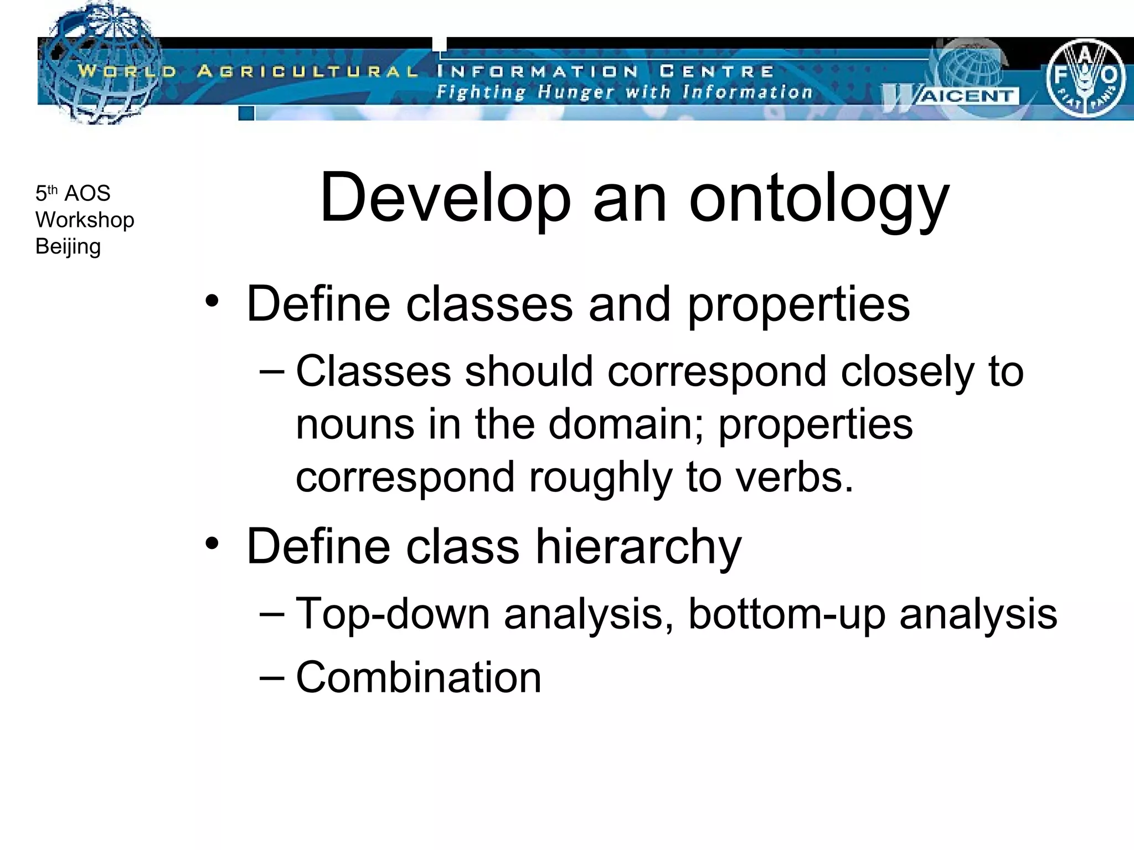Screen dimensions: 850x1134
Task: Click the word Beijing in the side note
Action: pos(68,246)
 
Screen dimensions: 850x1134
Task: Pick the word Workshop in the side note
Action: pos(85,220)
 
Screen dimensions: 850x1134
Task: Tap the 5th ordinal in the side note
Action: pos(46,193)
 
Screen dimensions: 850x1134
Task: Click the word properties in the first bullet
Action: pos(798,304)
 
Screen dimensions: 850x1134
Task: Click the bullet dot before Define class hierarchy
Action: pos(212,543)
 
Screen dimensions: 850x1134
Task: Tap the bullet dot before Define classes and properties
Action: pos(212,301)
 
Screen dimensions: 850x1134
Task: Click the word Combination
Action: pos(419,677)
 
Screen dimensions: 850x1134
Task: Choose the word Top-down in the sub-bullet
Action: pos(393,614)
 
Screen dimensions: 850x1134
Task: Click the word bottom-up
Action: pos(786,614)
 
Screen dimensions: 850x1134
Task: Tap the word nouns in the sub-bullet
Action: pos(354,424)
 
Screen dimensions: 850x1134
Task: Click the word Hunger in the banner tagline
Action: pos(576,92)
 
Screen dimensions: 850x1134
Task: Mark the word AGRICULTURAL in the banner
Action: pos(308,71)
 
